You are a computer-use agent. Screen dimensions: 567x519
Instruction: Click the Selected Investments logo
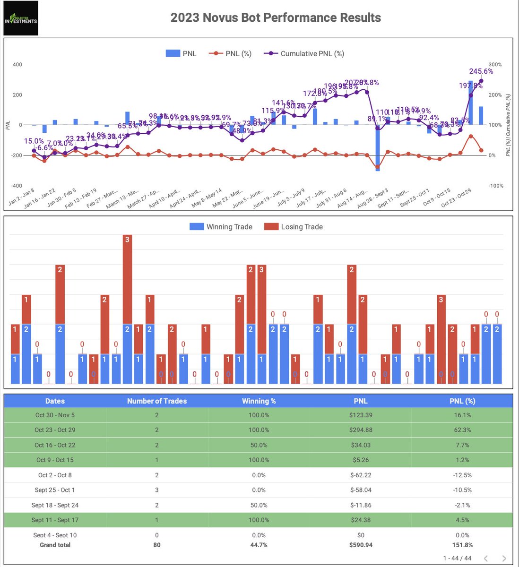point(21,18)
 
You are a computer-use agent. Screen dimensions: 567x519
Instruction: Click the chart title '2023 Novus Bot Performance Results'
point(276,17)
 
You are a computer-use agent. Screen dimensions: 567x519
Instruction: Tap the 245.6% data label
point(481,71)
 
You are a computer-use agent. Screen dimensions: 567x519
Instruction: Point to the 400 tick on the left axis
point(17,64)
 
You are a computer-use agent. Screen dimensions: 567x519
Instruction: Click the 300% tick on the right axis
point(495,64)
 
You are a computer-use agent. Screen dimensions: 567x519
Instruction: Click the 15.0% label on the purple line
point(34,141)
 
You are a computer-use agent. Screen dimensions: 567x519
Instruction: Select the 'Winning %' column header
point(259,401)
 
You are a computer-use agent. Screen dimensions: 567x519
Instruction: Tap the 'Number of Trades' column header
point(157,401)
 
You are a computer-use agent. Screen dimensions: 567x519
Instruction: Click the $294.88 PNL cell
point(361,430)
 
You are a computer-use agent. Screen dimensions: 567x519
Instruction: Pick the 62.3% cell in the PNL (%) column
point(462,430)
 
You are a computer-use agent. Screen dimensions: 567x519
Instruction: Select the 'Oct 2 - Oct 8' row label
point(55,475)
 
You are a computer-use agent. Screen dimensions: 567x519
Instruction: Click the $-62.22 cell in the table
point(361,475)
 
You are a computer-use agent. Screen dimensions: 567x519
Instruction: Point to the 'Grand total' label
point(55,545)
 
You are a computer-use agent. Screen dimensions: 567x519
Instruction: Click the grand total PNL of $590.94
point(361,545)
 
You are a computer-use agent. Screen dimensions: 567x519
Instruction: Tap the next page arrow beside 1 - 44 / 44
point(504,558)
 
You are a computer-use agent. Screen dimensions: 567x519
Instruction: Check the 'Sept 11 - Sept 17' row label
point(55,520)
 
